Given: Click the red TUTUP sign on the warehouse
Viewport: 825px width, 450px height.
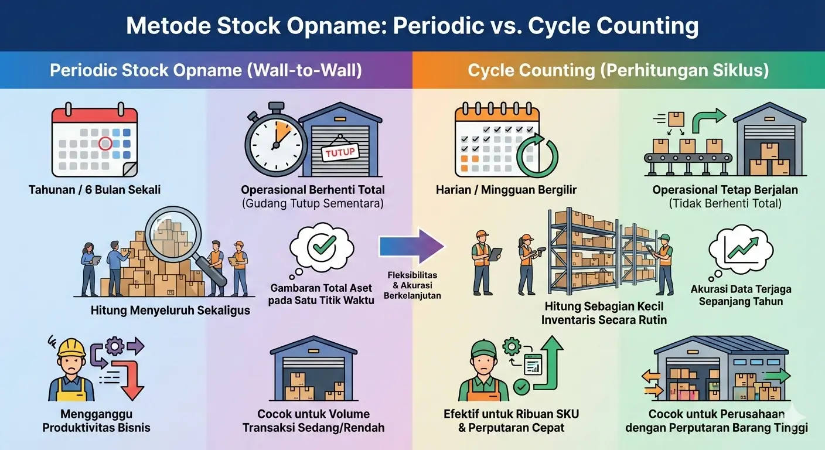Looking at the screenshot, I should (340, 153).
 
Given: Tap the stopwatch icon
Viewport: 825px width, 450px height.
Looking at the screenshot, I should (276, 141).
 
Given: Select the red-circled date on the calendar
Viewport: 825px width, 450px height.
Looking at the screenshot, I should (105, 142).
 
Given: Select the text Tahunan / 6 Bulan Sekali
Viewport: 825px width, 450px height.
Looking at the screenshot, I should (94, 190).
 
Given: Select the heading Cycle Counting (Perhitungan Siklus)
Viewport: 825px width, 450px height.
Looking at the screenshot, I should (618, 70).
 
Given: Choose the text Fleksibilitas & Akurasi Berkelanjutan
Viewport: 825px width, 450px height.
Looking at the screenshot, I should (412, 285).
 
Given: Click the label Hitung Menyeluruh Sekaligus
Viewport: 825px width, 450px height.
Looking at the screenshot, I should (171, 311).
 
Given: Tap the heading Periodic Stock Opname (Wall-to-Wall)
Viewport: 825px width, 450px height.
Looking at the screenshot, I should (206, 70).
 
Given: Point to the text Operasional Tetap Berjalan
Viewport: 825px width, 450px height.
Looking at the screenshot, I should (725, 190).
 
